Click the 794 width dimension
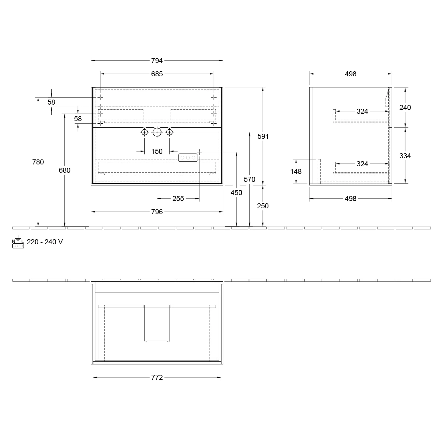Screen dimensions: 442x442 (x=157, y=61)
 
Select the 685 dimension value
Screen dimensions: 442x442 (x=157, y=74)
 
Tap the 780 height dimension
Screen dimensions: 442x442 (x=38, y=162)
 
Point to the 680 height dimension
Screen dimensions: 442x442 (x=65, y=170)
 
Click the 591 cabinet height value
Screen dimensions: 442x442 (x=263, y=136)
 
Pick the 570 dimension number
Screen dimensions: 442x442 (x=250, y=179)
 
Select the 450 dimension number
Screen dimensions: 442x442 (x=236, y=193)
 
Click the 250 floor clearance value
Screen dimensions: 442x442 (x=263, y=206)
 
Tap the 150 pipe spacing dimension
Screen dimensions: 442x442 (x=157, y=151)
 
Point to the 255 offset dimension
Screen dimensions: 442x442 (x=178, y=199)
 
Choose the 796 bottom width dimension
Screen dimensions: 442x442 (x=157, y=212)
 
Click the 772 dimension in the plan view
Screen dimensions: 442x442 (x=157, y=377)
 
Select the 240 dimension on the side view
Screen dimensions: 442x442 (x=405, y=108)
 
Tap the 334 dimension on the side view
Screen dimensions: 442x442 (x=405, y=156)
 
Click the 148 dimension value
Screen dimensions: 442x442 (x=296, y=171)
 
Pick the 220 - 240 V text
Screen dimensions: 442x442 (x=45, y=242)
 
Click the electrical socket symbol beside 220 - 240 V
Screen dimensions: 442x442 (x=18, y=243)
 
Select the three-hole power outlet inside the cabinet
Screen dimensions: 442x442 (x=187, y=158)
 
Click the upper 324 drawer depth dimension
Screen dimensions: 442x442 (x=362, y=111)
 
